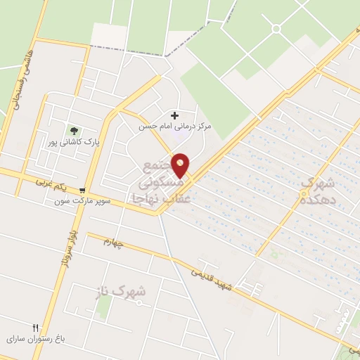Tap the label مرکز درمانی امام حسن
pos(175,127)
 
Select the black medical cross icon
pos(175,115)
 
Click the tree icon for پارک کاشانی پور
pos(73,129)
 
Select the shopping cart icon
pos(83,190)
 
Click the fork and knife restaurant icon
pos(36,328)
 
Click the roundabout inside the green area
pos(276,29)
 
